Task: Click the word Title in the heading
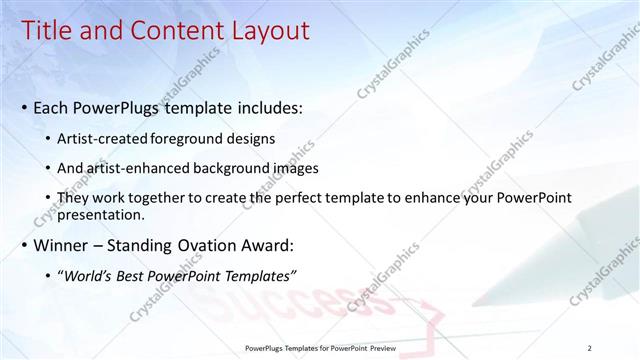tap(50, 31)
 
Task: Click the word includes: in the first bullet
tap(264, 107)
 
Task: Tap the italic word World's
tap(88, 275)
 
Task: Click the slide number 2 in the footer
tap(589, 347)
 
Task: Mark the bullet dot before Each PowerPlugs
tap(25, 108)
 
